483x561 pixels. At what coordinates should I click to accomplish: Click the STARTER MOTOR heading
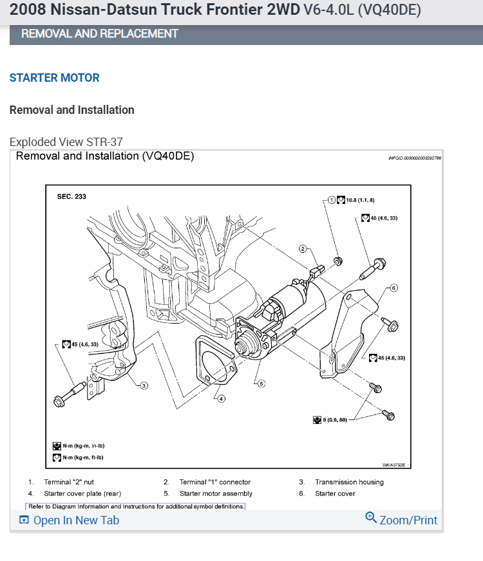[x=55, y=78]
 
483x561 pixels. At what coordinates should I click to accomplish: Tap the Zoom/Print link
[x=401, y=519]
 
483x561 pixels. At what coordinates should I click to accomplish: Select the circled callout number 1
[x=332, y=199]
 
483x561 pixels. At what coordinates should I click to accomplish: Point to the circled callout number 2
[x=302, y=248]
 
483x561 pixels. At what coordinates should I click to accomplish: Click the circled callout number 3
[x=144, y=385]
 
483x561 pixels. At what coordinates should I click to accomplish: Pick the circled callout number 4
[x=221, y=398]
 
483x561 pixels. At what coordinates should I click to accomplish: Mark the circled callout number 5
[x=261, y=383]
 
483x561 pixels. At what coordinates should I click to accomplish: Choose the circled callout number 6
[x=393, y=288]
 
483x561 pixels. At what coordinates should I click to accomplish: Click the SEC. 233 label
[x=71, y=196]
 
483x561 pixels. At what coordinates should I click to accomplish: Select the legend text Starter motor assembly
[x=216, y=493]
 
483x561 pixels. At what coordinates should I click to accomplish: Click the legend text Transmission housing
[x=349, y=482]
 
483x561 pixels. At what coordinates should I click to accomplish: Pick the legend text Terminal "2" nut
[x=69, y=482]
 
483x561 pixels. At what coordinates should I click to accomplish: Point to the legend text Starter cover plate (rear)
[x=82, y=493]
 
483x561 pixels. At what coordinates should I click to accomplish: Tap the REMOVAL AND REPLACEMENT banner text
[x=100, y=33]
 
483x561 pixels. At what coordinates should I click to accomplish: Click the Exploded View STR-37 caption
[x=66, y=142]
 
